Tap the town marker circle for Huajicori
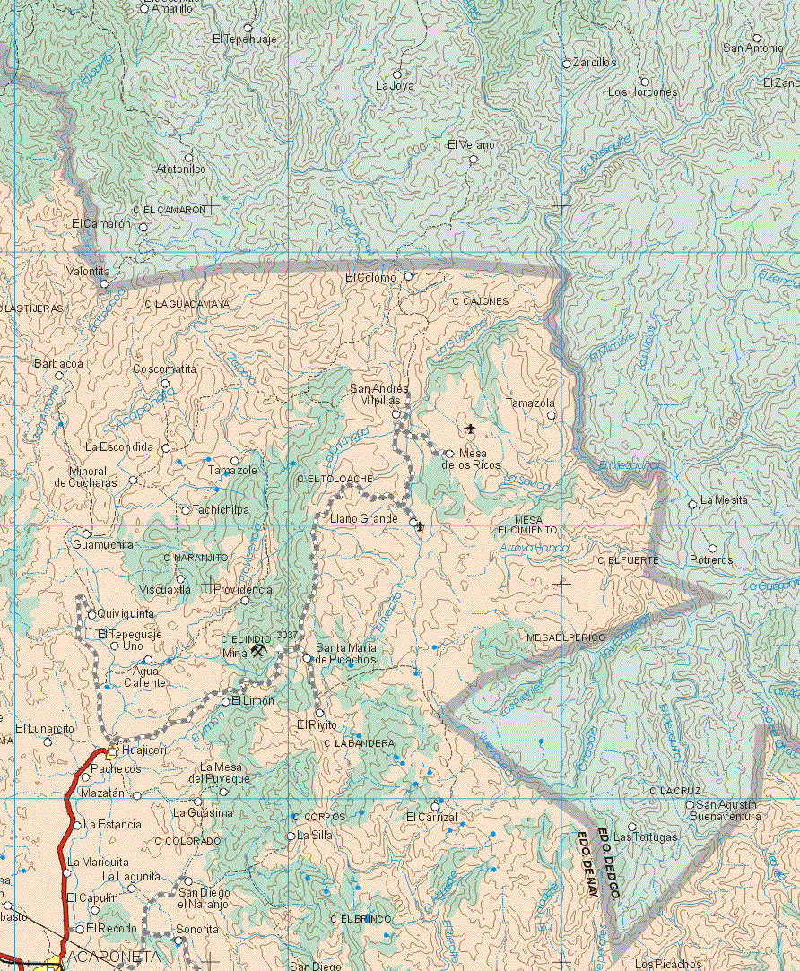[x=112, y=750]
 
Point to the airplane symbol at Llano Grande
[x=420, y=526]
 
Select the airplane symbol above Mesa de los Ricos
[x=471, y=428]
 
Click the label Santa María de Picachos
[x=345, y=653]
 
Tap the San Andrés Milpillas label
[x=379, y=394]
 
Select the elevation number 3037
[x=287, y=635]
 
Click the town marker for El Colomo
[x=409, y=276]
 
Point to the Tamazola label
[x=530, y=403]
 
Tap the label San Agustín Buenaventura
[x=728, y=811]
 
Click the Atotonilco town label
[x=181, y=169]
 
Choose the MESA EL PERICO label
[x=566, y=637]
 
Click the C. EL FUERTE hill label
[x=628, y=559]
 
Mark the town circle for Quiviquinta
[x=91, y=614]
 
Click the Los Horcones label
[x=642, y=92]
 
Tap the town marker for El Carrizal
[x=436, y=804]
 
